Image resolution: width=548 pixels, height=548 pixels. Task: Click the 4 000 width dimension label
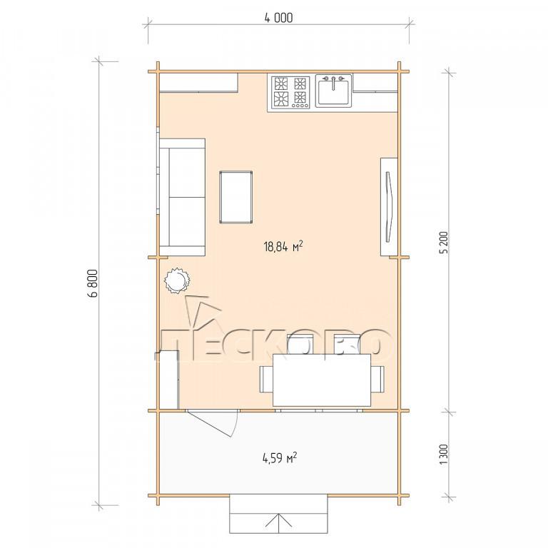pos(278,17)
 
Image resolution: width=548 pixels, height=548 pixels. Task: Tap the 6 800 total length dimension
pos(93,283)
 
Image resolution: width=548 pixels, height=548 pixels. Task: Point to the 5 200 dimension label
pos(444,243)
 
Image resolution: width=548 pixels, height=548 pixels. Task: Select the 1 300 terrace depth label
pos(444,455)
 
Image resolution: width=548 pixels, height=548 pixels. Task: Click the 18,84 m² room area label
pos(283,246)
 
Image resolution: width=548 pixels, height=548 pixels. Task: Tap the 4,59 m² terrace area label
pos(280,457)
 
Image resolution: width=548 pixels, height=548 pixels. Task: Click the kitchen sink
pos(334,91)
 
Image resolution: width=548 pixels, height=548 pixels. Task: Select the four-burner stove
pos(290,93)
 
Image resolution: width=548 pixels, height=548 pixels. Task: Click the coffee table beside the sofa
pos(236,197)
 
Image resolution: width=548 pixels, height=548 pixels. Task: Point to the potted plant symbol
pos(177,280)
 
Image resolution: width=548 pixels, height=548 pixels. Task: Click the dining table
pos(322,380)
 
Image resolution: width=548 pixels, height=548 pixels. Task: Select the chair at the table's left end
pos(266,379)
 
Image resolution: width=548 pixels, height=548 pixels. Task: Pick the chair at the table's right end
pos(377,379)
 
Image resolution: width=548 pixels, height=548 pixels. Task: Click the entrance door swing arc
pos(235,425)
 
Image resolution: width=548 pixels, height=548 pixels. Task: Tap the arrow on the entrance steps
pos(278,520)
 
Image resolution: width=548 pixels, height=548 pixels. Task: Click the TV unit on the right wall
pos(389,207)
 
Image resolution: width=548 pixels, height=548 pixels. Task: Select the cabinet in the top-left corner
pos(199,83)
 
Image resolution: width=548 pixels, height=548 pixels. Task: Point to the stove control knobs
pos(300,105)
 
